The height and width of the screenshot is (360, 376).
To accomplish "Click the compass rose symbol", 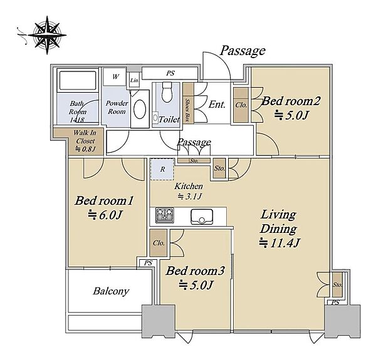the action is point(47,35).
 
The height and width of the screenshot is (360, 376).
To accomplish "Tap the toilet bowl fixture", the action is point(167,92).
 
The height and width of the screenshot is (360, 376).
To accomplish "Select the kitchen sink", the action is point(202,217).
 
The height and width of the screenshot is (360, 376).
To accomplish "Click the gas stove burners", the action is point(164,215).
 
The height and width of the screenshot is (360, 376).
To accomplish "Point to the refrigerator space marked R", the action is point(162,169).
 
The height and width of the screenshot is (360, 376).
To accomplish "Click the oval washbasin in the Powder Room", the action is point(140,109).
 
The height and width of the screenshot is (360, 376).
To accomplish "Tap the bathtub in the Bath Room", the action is point(78,81).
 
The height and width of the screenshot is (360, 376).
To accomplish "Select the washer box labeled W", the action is point(115,76).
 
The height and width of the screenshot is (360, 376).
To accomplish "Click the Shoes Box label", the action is point(188,110).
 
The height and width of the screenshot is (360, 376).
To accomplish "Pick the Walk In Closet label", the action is point(85,141).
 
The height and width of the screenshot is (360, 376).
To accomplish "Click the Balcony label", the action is point(111,291).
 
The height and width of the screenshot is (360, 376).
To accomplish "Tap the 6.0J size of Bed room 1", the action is point(105,215).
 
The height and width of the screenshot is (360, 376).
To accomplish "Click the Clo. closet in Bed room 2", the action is point(241,105).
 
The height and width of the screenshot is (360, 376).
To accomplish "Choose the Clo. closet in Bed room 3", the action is point(159,243).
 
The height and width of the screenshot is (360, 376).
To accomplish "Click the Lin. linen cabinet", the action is point(134,81).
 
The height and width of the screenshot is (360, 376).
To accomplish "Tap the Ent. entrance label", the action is point(217,104).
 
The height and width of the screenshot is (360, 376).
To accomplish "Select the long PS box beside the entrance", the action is point(170,73).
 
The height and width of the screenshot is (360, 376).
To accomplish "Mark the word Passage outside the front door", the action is point(243,51).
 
